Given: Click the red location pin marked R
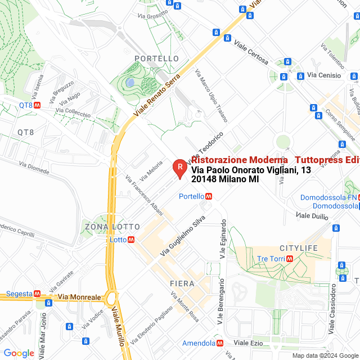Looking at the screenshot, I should coord(179,168).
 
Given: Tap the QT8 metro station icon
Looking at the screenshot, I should coord(37,105).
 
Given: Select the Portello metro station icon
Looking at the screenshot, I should coord(208,196).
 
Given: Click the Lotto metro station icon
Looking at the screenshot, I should coord(131,239).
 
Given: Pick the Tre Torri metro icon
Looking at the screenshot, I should coord(290,259).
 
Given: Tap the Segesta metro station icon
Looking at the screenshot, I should coord(37,294).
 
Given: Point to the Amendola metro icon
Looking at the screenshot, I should coord(220,343).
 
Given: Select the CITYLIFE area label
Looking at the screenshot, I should coord(299,248).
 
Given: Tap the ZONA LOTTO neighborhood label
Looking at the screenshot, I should coord(112,227).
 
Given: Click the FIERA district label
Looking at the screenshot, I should coord(182,283).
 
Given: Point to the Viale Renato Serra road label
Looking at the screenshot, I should coord(157,94).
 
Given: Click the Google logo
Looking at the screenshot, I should coord(19,353).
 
